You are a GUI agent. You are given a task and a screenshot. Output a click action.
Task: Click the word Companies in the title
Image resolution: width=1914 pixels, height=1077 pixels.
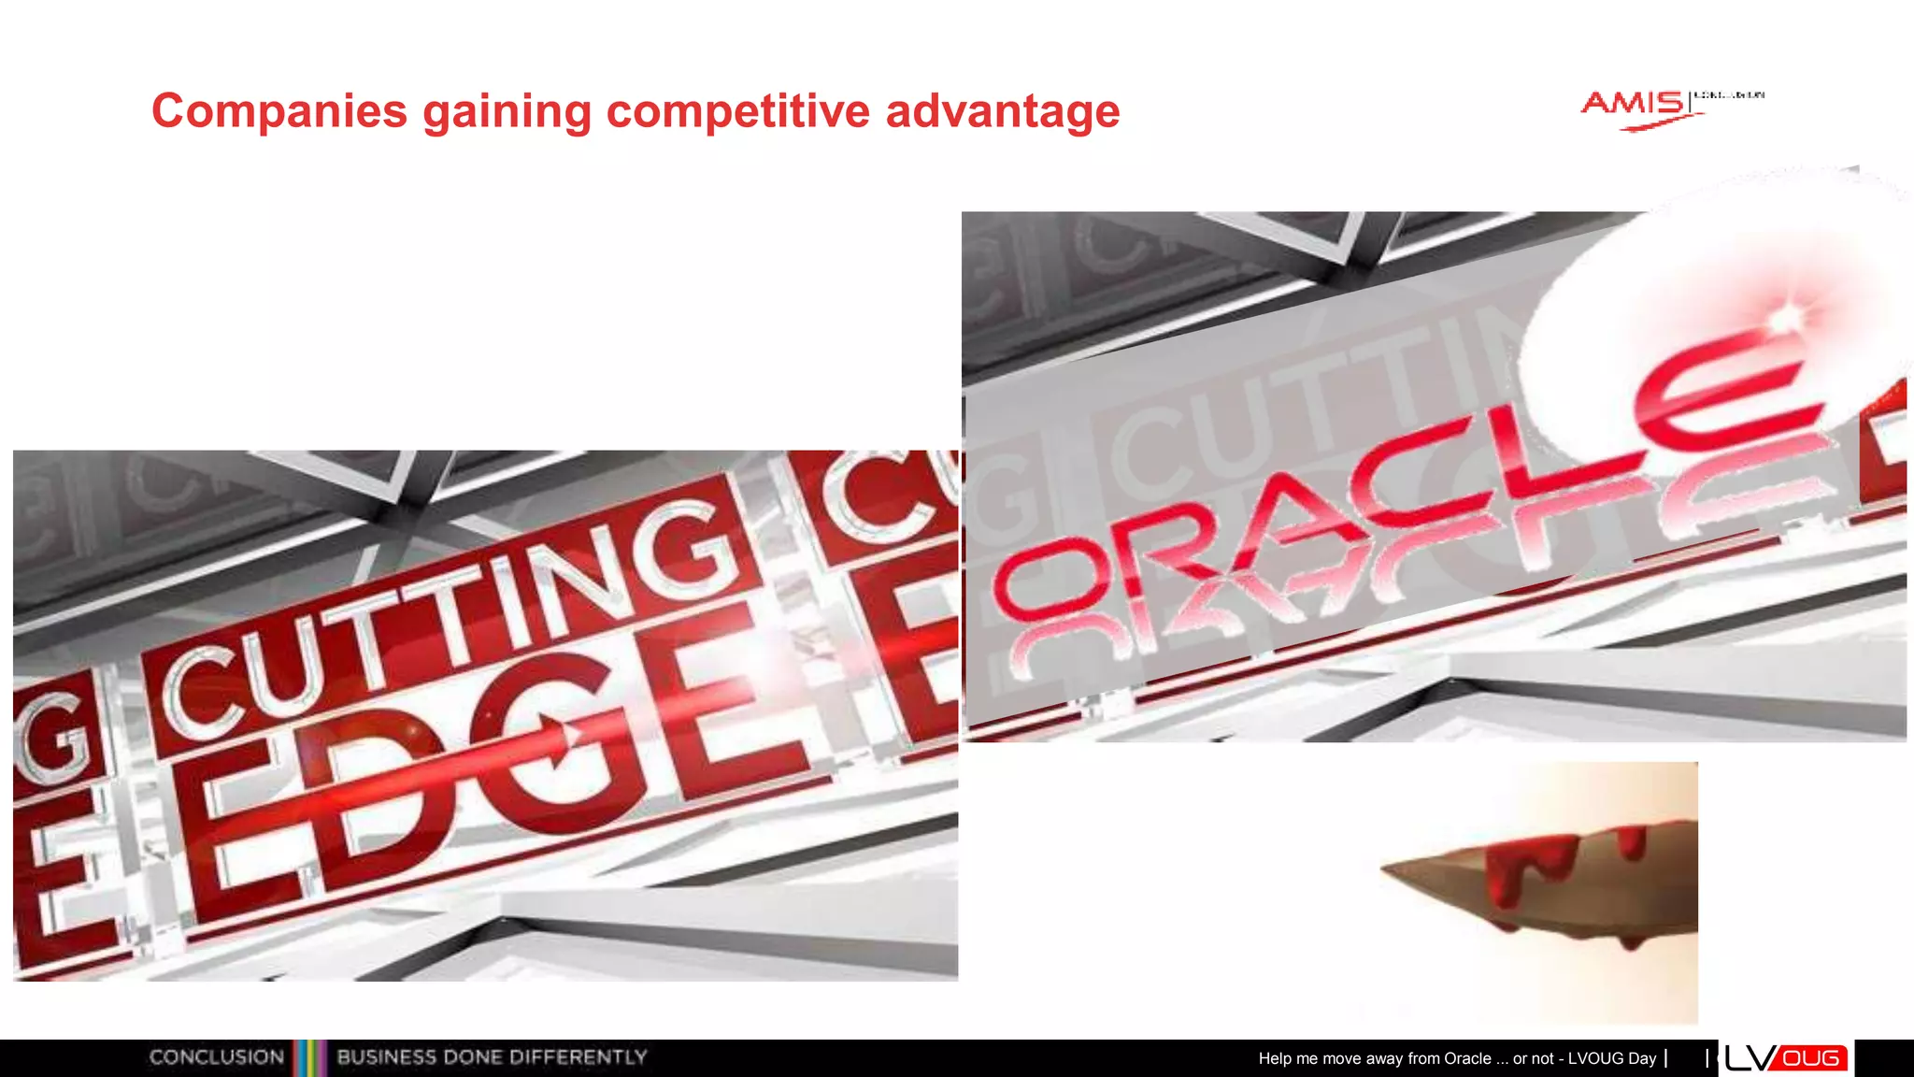tap(279, 111)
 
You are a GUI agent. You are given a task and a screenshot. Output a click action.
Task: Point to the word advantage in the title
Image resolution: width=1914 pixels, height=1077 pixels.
tap(1002, 111)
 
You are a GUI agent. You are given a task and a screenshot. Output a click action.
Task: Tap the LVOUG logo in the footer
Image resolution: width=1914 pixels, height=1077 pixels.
tap(1786, 1058)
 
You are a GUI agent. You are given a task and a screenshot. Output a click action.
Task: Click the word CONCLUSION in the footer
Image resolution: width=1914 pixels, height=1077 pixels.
tap(217, 1057)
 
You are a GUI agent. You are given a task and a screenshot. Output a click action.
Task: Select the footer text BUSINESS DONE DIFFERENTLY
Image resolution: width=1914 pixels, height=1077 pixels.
tap(492, 1057)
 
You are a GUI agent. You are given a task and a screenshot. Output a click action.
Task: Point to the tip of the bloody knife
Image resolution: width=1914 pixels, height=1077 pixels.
tap(1385, 869)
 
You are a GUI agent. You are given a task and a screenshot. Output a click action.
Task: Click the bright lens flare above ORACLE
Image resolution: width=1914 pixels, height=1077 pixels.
tap(1785, 318)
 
